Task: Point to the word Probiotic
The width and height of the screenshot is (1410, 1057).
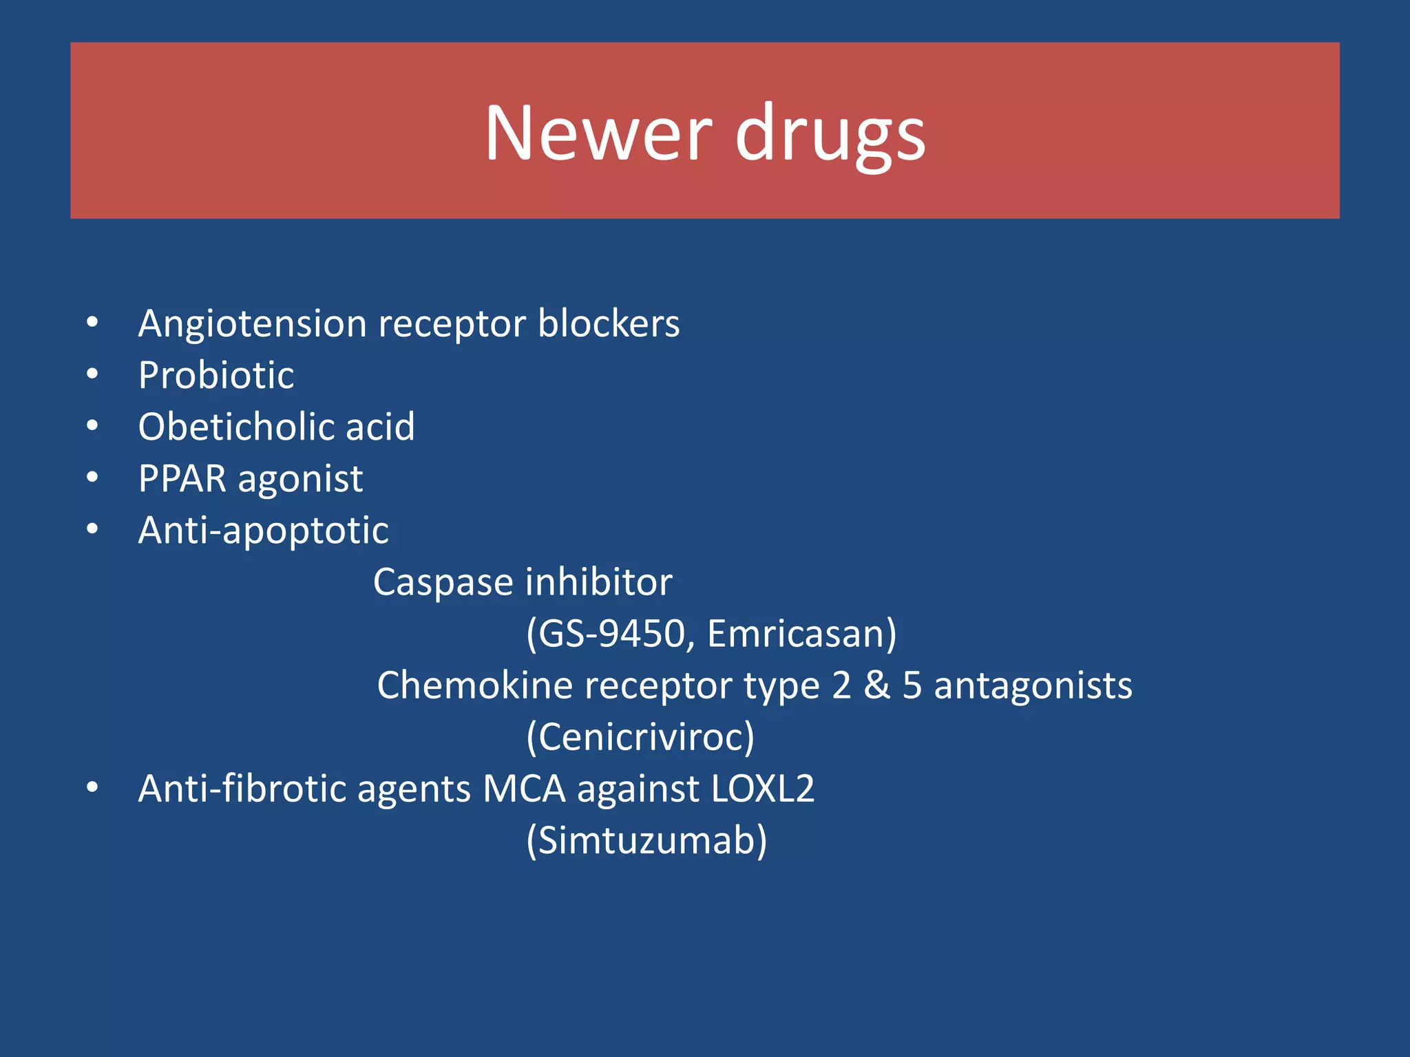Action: tap(216, 376)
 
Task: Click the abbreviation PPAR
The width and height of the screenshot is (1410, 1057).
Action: tap(182, 478)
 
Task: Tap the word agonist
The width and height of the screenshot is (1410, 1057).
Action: tap(300, 480)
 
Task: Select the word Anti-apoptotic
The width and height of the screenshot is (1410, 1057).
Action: tap(263, 531)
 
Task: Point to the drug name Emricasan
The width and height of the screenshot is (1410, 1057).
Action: tap(796, 634)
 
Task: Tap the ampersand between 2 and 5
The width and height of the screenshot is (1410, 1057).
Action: tap(876, 685)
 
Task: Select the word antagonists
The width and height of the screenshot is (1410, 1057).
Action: tap(1033, 686)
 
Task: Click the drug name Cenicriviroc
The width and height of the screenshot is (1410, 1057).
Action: tap(640, 737)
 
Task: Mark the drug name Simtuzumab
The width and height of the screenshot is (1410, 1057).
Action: tap(646, 840)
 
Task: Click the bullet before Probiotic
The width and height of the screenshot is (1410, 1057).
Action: tap(93, 374)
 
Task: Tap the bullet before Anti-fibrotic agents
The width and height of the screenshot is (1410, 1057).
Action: tap(93, 788)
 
